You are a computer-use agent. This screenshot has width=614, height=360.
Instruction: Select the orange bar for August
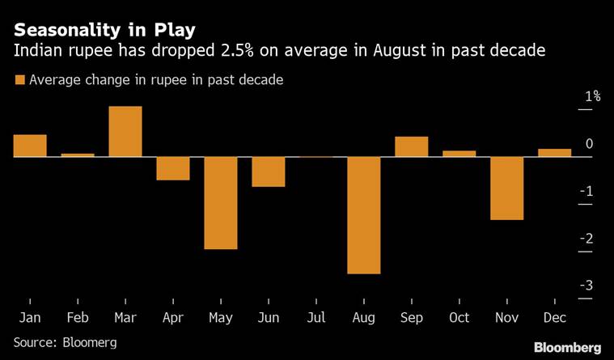click(x=363, y=215)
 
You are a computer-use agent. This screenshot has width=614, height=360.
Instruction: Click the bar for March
click(x=125, y=132)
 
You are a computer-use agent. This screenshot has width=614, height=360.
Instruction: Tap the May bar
click(x=221, y=203)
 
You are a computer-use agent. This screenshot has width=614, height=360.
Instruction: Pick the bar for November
click(x=506, y=188)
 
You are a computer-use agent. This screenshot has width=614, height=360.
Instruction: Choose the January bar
click(x=30, y=146)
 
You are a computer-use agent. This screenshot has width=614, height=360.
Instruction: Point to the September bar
click(x=411, y=147)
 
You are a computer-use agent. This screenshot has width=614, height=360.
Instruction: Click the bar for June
click(x=268, y=172)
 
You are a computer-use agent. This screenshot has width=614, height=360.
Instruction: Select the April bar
click(x=173, y=168)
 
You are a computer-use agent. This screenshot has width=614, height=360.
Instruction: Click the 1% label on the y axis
click(x=593, y=96)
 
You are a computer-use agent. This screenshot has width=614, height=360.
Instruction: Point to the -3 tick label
click(x=589, y=285)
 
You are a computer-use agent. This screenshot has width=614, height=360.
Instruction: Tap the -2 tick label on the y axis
click(x=589, y=238)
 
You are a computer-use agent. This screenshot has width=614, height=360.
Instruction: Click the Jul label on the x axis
click(x=316, y=318)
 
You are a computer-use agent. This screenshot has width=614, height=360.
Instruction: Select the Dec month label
click(x=554, y=318)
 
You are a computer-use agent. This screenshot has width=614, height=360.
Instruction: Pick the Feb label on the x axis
click(x=78, y=318)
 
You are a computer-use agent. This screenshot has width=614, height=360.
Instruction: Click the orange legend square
click(x=19, y=79)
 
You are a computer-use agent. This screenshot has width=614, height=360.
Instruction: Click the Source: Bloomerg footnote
click(x=65, y=342)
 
